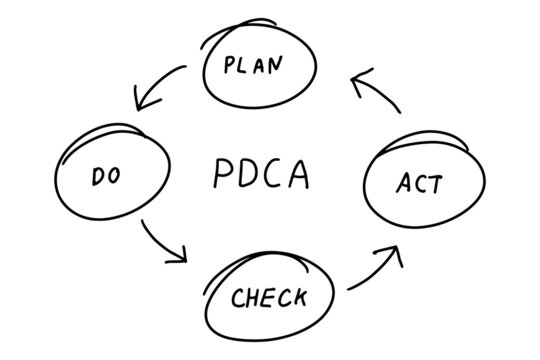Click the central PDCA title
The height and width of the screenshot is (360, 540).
(x=262, y=173)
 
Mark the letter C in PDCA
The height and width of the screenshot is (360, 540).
(x=274, y=173)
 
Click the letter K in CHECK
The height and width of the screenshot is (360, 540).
(x=299, y=297)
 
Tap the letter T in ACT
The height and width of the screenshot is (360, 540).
(x=436, y=184)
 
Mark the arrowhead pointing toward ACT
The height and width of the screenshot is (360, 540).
(x=392, y=252)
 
